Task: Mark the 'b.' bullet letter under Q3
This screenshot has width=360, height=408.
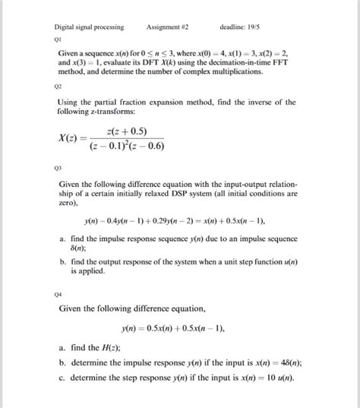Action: coord(61,261)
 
